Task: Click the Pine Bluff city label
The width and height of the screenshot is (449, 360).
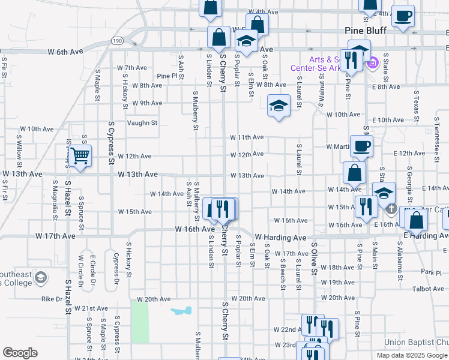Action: click(368, 31)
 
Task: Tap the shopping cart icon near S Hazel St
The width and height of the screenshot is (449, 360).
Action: click(79, 157)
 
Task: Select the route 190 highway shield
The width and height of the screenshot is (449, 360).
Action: click(116, 40)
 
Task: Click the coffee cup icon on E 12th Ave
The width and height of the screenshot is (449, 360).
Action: click(361, 146)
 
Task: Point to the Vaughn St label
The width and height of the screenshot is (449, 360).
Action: click(142, 123)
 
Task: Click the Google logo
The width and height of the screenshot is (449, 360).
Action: click(20, 352)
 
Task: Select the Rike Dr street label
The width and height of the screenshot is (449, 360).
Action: click(52, 298)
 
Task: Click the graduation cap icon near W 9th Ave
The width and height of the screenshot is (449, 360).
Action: click(279, 106)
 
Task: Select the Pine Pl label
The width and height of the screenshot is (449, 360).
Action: click(167, 76)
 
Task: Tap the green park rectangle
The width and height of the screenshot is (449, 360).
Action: click(140, 322)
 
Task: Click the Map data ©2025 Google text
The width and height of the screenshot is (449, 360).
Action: click(411, 355)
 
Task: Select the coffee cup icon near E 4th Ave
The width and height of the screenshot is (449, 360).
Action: click(403, 15)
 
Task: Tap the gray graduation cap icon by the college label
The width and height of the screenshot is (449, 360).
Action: click(41, 278)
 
